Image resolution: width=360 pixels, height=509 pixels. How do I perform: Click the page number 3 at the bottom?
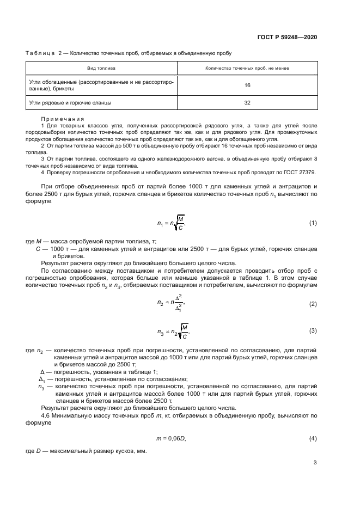coord(315,463)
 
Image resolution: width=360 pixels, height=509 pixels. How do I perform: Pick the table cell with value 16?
coord(247,85)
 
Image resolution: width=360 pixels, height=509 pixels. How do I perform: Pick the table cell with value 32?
coord(247,102)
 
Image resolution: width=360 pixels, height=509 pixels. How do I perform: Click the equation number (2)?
coord(313,304)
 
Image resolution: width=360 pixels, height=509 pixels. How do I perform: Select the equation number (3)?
coord(313,330)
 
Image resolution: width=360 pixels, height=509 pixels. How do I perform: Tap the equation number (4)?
coord(313,438)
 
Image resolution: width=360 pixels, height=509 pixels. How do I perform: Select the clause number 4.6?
coord(46,415)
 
